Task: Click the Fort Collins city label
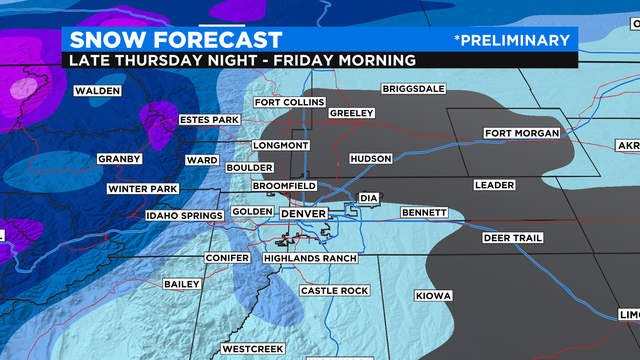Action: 289,102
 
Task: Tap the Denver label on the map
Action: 304,213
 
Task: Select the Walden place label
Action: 97,91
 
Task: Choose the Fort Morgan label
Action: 518,134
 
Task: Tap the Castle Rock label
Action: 335,290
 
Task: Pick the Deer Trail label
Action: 511,238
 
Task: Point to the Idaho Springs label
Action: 183,214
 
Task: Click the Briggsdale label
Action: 412,89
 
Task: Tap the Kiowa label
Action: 434,296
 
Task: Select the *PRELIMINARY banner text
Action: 511,40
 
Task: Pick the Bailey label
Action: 182,284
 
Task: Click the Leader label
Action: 494,185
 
